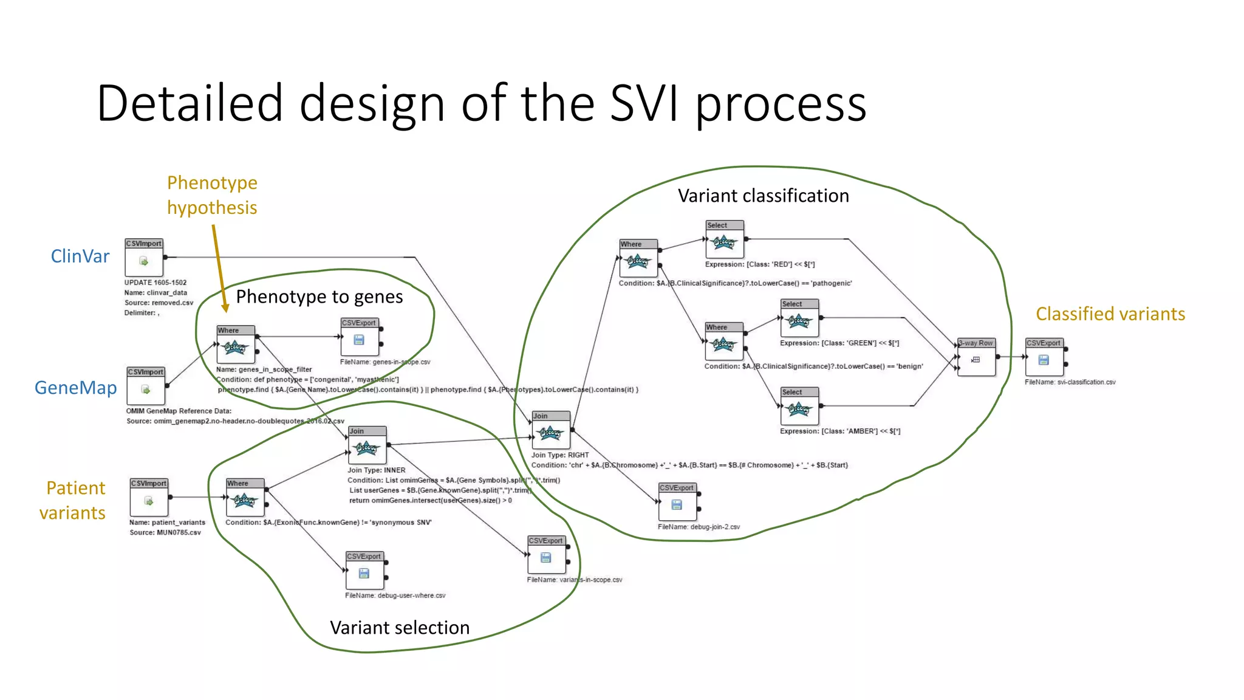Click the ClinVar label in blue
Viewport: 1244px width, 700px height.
point(80,256)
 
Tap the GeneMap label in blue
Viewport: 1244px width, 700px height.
point(75,388)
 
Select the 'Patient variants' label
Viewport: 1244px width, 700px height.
point(73,500)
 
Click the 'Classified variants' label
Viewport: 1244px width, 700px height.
point(1110,314)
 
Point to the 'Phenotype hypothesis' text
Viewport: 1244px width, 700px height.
point(212,195)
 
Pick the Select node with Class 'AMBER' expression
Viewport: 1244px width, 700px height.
point(799,407)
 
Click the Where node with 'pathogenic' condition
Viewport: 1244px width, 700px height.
point(638,258)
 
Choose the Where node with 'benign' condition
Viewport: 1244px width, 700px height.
point(724,341)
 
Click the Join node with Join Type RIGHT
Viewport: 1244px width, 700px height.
point(551,430)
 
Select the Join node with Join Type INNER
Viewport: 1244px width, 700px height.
point(367,445)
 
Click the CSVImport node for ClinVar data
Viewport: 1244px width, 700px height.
point(144,258)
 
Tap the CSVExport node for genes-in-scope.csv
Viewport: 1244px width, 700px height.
point(360,337)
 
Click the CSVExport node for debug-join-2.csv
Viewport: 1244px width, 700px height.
point(677,502)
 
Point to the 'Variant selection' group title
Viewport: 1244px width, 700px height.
point(400,628)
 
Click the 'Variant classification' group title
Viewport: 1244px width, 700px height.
point(763,196)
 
